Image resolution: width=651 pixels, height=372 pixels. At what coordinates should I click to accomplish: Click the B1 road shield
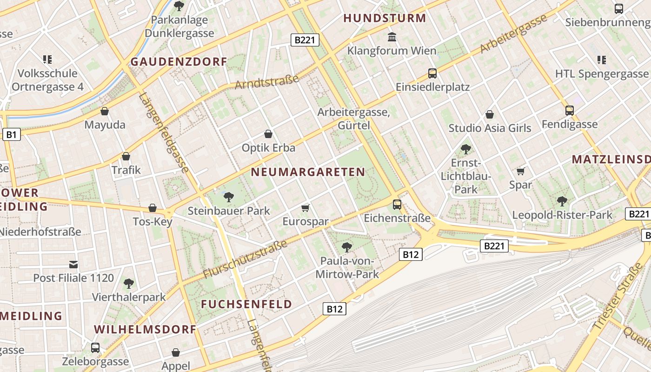12,135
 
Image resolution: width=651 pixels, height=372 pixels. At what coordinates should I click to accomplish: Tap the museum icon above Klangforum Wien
392,37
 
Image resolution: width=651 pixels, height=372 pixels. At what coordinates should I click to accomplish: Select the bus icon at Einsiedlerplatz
432,73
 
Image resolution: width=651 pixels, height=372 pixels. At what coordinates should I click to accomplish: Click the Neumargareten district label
308,172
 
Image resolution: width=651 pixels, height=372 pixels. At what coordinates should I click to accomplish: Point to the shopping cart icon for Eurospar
305,208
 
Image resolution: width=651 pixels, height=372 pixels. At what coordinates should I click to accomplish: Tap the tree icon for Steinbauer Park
228,197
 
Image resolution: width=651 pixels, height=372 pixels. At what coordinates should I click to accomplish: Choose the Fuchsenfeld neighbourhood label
246,304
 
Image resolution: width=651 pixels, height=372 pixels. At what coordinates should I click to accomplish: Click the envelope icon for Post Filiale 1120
73,265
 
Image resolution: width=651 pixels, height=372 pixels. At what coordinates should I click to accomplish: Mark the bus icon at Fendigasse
569,110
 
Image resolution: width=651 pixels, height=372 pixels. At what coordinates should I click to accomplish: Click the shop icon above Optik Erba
268,134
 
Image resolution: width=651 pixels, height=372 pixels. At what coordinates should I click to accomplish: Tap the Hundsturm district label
385,19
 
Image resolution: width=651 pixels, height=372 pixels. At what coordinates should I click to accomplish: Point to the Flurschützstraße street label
245,260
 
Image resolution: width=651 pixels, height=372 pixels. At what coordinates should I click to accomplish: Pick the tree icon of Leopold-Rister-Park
562,201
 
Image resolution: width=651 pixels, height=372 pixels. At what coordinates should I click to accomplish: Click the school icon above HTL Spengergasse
601,60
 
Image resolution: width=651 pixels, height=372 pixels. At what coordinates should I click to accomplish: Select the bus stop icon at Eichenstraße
397,204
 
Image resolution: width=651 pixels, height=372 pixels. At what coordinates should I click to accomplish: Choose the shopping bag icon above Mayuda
105,111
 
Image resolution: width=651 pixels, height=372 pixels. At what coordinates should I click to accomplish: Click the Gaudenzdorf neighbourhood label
179,61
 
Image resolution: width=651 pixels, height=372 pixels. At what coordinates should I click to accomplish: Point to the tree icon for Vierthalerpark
129,283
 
